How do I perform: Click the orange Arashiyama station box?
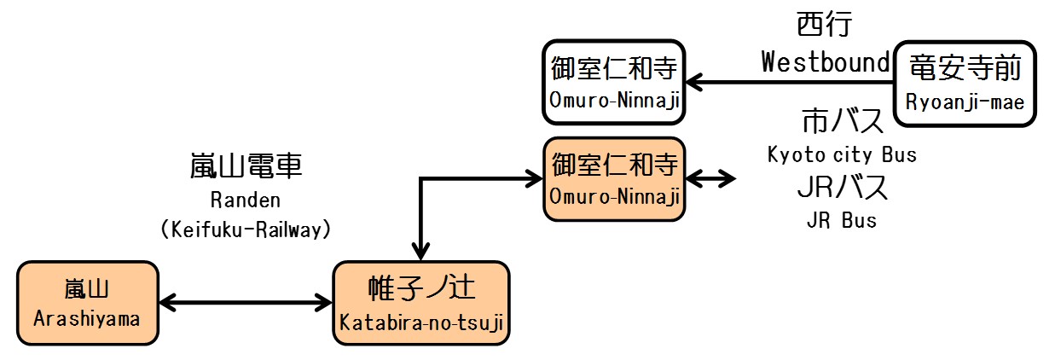(x=88, y=304)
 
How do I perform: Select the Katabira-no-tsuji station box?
(x=421, y=304)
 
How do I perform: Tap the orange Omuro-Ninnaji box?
(x=614, y=179)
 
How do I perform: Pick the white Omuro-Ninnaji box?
(x=614, y=82)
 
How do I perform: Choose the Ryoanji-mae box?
(x=965, y=84)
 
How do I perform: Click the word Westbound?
(x=825, y=61)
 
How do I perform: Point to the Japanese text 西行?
(x=824, y=25)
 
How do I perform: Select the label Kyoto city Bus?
(x=842, y=155)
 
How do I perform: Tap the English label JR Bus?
(x=841, y=220)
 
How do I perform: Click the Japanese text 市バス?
(x=842, y=123)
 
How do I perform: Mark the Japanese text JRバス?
(x=842, y=188)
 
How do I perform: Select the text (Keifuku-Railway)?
(x=245, y=229)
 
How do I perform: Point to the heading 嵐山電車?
(x=245, y=166)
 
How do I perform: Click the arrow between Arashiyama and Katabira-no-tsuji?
(x=246, y=301)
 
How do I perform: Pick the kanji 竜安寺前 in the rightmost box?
(x=965, y=67)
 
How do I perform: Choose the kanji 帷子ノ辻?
(x=421, y=288)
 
